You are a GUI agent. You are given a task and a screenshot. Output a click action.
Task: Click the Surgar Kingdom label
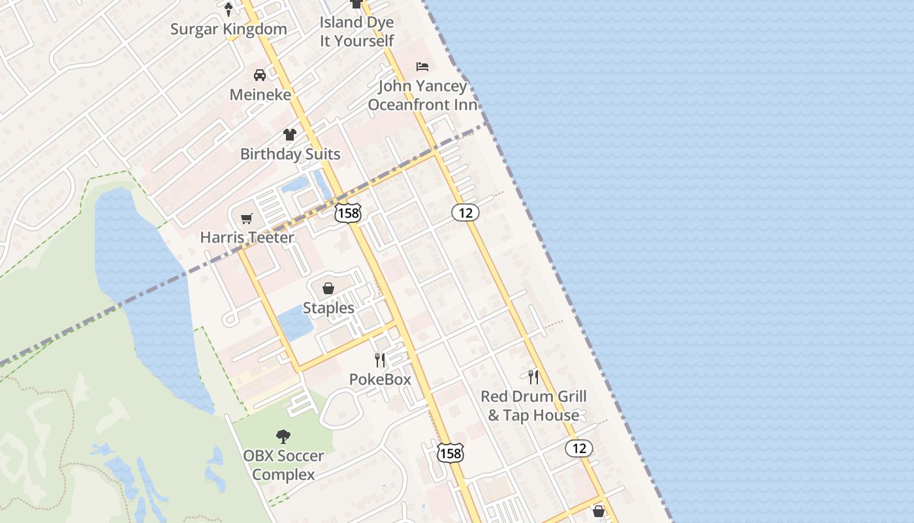coord(228,29)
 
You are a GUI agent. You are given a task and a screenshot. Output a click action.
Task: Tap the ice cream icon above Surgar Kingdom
coord(228,9)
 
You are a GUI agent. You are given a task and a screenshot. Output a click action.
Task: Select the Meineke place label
coord(260,95)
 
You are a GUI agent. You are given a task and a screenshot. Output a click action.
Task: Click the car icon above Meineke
coord(260,75)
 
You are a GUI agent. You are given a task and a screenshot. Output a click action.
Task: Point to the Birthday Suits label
coord(290,154)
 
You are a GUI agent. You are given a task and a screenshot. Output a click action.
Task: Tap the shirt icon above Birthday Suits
coord(290,135)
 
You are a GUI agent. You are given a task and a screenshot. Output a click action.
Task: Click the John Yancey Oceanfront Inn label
coord(422,95)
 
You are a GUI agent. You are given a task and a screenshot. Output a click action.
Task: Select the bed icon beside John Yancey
coord(422,67)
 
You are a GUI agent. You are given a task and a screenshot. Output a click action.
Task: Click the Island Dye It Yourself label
coord(356,31)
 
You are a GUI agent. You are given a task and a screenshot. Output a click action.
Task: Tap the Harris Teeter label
coord(247,237)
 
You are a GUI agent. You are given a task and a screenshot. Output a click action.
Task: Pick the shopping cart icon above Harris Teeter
coord(246,218)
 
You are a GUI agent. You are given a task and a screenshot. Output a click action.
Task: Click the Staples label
coord(328,308)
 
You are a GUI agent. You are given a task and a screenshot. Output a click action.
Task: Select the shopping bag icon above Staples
coord(328,288)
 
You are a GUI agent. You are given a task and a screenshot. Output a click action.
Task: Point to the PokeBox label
coord(380,379)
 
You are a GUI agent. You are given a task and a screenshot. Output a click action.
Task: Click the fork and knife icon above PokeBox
coord(380,360)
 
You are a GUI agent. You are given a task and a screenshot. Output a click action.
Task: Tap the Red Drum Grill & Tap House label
coord(533,406)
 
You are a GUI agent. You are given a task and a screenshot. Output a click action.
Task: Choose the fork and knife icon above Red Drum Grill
coord(533,377)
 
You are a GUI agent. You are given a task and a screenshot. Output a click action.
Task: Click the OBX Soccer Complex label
coord(283,465)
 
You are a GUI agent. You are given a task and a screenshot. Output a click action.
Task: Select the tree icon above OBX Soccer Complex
coord(283,436)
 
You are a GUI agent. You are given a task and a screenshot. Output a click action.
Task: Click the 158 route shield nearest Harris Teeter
coord(347,213)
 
